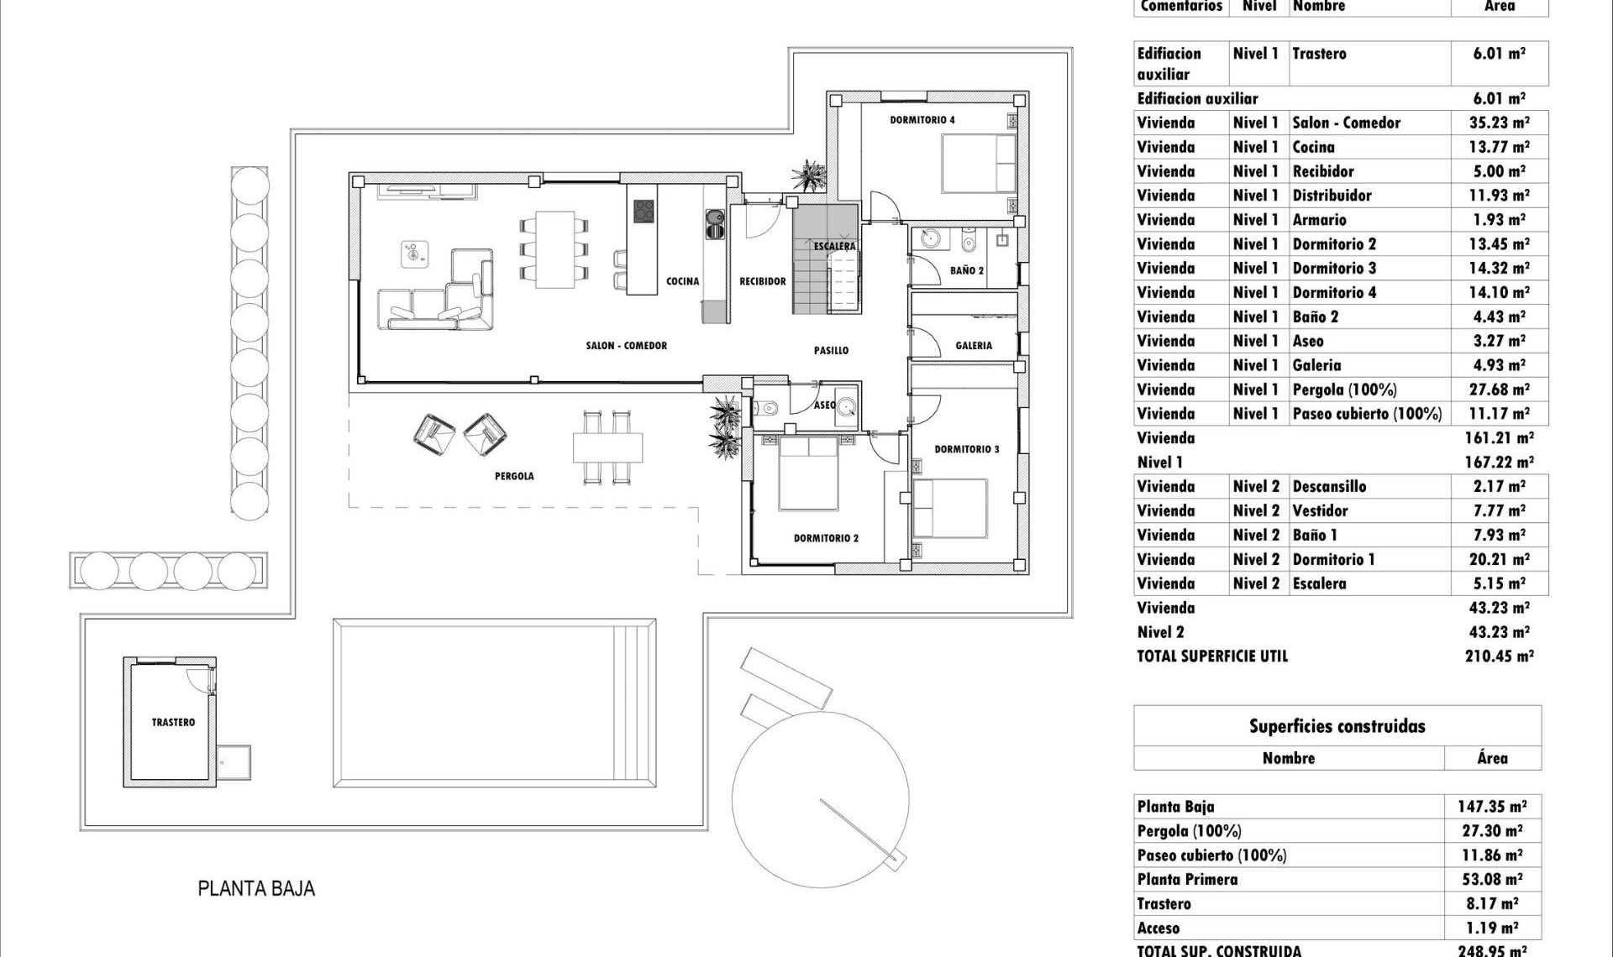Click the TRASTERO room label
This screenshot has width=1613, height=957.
(x=173, y=722)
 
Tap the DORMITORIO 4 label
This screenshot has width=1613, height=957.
(x=922, y=120)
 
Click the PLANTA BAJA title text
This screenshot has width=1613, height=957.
(x=256, y=889)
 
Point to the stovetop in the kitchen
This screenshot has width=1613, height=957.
(x=644, y=211)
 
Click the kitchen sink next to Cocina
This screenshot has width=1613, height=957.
(x=715, y=223)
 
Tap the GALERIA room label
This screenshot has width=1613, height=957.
(x=973, y=345)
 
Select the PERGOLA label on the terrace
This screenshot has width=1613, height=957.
(x=514, y=476)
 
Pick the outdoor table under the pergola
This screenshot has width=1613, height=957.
(x=607, y=447)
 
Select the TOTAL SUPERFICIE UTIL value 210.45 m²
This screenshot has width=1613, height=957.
(x=1499, y=656)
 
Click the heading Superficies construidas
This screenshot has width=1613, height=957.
(x=1337, y=727)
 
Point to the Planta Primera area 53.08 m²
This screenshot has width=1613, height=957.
(x=1491, y=880)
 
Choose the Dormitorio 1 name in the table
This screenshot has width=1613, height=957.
(x=1333, y=560)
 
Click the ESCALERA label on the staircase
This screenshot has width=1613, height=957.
(x=834, y=246)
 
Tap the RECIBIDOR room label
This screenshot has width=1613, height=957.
(x=762, y=281)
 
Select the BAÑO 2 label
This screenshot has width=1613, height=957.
(x=966, y=270)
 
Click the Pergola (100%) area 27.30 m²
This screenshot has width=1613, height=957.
(x=1491, y=831)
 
